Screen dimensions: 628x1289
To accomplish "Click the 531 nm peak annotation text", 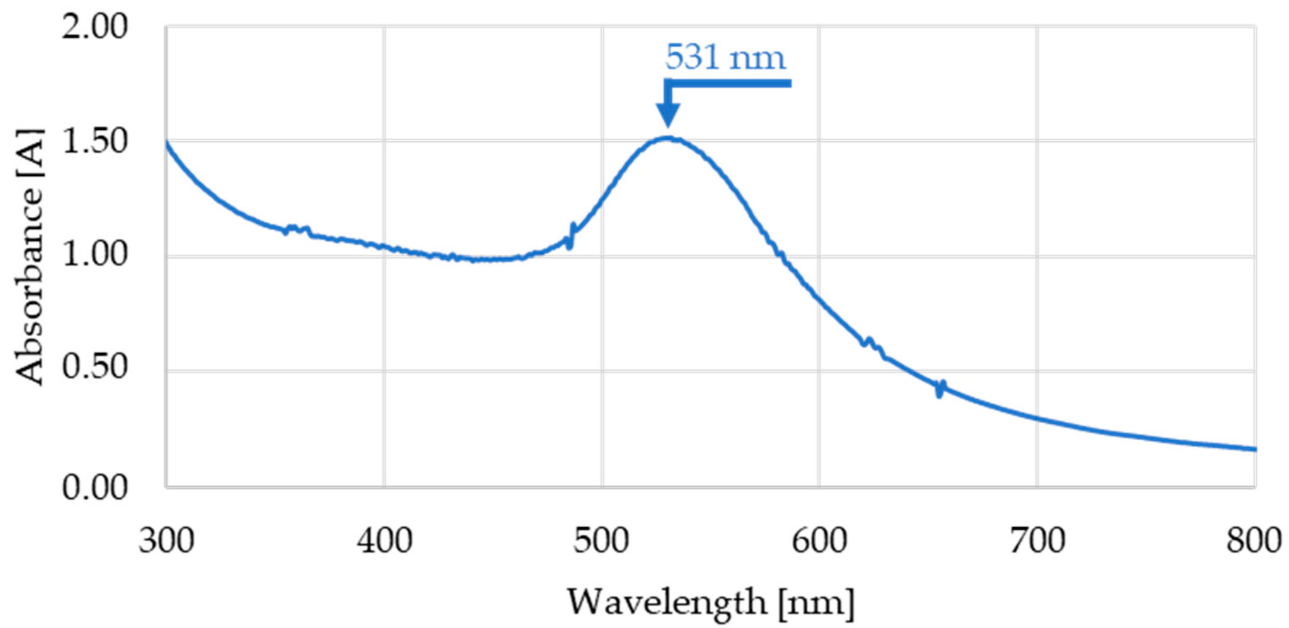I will pyautogui.click(x=725, y=58).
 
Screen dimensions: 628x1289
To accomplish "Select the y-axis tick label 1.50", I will pyautogui.click(x=95, y=142).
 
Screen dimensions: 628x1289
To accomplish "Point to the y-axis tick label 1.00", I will pyautogui.click(x=95, y=256).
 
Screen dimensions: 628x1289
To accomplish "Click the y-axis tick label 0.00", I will pyautogui.click(x=95, y=487).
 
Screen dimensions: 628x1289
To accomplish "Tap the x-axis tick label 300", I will pyautogui.click(x=166, y=542).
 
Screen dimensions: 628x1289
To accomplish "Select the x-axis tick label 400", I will pyautogui.click(x=384, y=542).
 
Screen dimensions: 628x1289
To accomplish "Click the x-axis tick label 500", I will pyautogui.click(x=602, y=542).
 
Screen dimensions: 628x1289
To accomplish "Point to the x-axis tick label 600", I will pyautogui.click(x=819, y=542).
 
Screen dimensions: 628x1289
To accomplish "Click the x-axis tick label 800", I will pyautogui.click(x=1254, y=542).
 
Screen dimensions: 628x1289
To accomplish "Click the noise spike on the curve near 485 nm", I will pyautogui.click(x=571, y=235).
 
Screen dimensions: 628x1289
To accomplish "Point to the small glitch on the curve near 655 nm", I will pyautogui.click(x=940, y=389).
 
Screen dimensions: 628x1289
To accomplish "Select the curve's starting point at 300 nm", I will pyautogui.click(x=167, y=143).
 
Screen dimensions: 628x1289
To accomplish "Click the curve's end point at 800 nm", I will pyautogui.click(x=1255, y=449).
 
